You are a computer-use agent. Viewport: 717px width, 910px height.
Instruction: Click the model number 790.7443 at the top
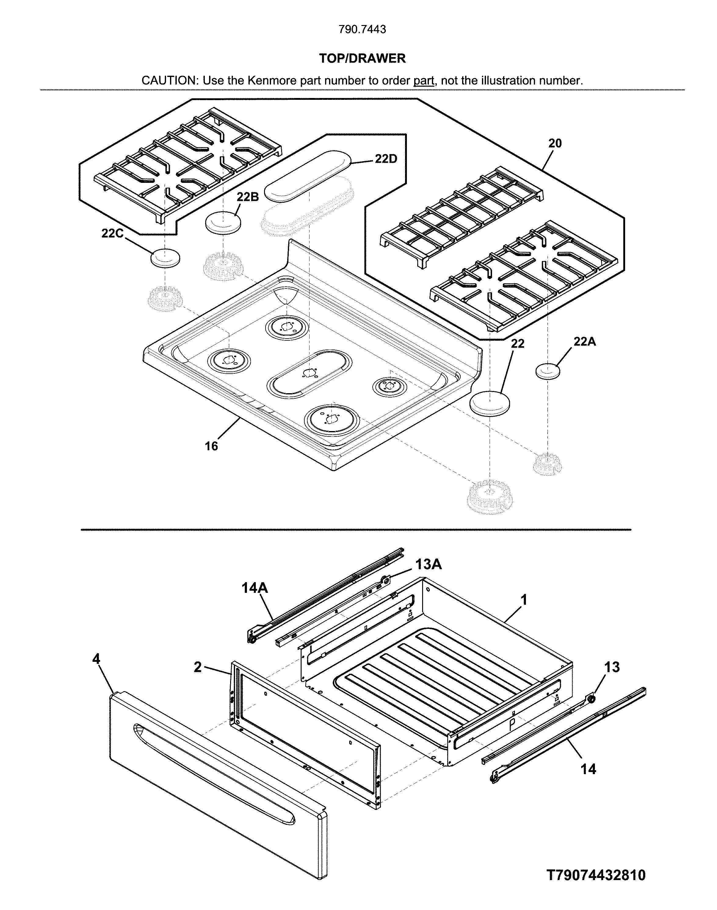click(x=362, y=29)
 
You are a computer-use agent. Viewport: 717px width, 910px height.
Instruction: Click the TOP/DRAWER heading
click(x=362, y=58)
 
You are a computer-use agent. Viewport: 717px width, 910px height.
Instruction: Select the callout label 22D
click(x=386, y=159)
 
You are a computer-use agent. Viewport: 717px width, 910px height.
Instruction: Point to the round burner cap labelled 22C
click(x=165, y=257)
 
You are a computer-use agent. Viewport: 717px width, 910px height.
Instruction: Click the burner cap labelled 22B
click(x=222, y=222)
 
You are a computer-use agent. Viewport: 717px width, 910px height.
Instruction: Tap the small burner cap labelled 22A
click(x=548, y=372)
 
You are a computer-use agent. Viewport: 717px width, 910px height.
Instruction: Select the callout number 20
click(x=555, y=143)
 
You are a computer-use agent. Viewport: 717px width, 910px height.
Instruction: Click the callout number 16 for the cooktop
click(x=211, y=446)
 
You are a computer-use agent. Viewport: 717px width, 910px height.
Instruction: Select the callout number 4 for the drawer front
click(x=96, y=659)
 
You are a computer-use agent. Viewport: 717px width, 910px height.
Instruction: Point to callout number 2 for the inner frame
click(x=198, y=667)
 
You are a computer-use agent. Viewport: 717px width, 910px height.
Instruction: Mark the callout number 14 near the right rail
click(x=588, y=769)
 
